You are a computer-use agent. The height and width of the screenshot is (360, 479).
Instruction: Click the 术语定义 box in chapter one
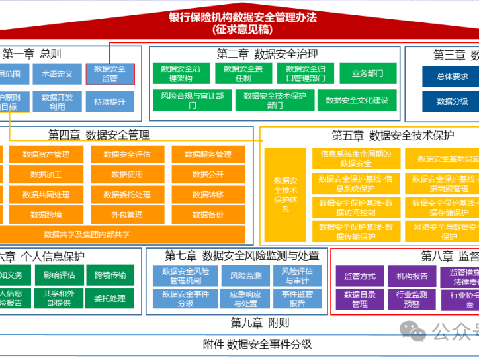[58, 74]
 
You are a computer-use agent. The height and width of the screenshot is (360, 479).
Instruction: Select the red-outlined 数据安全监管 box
[110, 73]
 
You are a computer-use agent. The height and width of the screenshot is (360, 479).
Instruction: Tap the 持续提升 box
[110, 102]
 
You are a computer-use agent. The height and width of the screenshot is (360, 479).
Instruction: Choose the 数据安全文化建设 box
[357, 101]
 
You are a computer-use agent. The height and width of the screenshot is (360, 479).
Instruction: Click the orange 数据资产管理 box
[46, 155]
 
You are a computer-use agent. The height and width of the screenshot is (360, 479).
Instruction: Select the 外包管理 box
[127, 214]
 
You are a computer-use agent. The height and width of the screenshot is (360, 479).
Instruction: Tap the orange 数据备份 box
[208, 214]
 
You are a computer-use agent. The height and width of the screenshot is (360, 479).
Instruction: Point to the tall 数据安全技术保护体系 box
[285, 195]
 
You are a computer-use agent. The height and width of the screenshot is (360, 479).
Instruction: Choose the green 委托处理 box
[110, 298]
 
